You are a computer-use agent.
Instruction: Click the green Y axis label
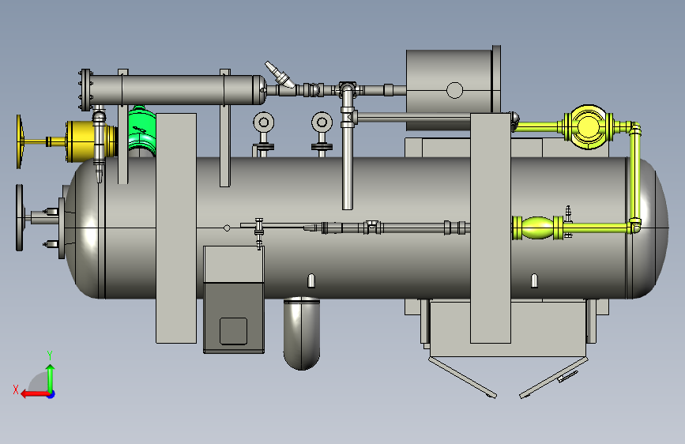[50, 355]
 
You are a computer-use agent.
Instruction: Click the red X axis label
[16, 389]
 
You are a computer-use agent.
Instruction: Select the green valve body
[142, 130]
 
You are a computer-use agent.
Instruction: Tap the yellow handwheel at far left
[19, 141]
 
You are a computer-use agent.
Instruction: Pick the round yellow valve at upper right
[588, 126]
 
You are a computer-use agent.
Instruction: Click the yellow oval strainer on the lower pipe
[537, 228]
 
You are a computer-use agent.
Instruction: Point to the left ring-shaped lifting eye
[263, 122]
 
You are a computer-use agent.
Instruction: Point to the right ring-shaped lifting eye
[322, 122]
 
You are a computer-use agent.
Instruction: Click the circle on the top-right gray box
[455, 91]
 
